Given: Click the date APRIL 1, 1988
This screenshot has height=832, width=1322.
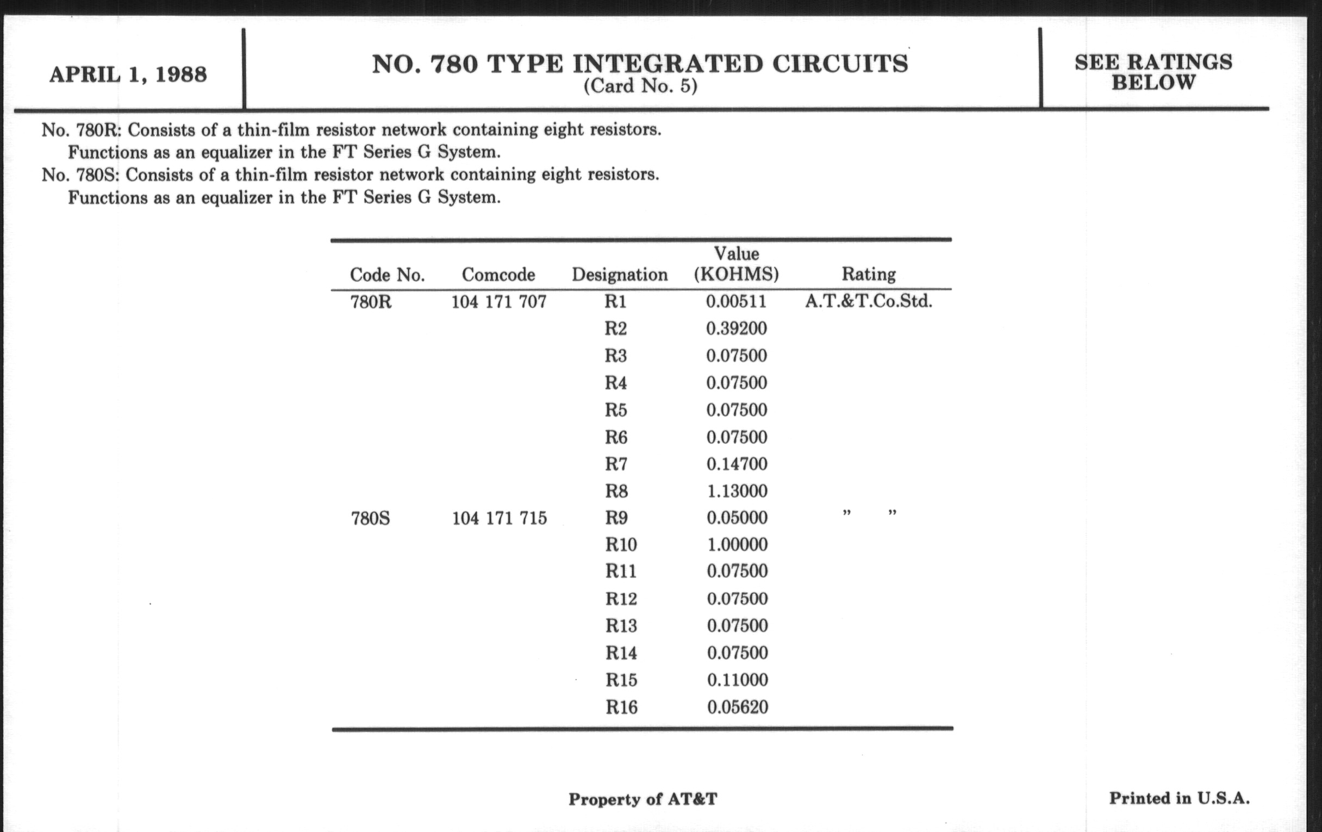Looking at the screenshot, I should [128, 74].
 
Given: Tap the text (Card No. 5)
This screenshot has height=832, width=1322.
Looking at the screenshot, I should [640, 86].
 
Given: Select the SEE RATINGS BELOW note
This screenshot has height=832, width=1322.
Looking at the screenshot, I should [1153, 72].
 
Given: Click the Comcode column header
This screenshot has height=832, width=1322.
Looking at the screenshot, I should [498, 275].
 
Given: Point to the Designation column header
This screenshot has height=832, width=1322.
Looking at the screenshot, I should [620, 275].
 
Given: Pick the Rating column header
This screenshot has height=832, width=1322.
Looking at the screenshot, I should [869, 274].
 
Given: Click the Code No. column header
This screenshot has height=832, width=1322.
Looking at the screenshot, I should [387, 275].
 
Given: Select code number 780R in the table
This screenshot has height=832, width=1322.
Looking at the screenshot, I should [371, 302].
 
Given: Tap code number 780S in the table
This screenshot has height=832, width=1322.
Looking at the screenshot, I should [371, 518].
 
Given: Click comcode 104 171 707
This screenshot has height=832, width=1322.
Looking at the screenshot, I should [498, 302].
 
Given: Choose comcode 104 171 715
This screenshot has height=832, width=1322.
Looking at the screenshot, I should [499, 518].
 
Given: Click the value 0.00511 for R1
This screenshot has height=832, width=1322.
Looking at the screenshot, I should [736, 301].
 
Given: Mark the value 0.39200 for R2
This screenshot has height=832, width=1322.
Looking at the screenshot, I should [736, 328].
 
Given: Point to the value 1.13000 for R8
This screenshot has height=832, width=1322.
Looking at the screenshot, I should [737, 491].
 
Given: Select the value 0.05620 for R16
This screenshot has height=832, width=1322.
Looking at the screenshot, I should [737, 707].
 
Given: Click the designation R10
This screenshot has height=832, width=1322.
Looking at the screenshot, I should [621, 545].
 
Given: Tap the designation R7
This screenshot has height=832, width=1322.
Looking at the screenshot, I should [616, 464].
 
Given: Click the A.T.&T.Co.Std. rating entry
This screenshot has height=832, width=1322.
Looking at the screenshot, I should [869, 301].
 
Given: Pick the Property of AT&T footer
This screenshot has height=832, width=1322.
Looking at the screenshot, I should [643, 799].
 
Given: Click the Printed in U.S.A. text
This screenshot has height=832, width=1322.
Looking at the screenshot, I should [1179, 798].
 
